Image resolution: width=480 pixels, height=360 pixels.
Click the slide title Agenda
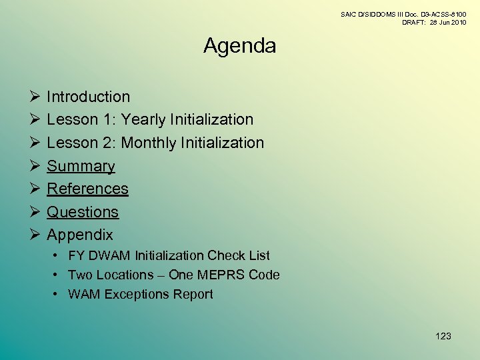(x=239, y=46)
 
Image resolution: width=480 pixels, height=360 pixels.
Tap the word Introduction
(x=88, y=97)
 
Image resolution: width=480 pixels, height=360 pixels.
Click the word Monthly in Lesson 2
(x=149, y=143)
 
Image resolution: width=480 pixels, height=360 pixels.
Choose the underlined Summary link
(x=81, y=166)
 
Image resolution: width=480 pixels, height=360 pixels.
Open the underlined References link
(x=87, y=189)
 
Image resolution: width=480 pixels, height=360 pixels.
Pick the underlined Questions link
(x=83, y=212)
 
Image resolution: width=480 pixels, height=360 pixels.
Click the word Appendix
(x=80, y=235)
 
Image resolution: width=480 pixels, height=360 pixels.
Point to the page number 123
(x=443, y=336)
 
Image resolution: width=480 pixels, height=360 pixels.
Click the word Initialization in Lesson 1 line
(x=212, y=120)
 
